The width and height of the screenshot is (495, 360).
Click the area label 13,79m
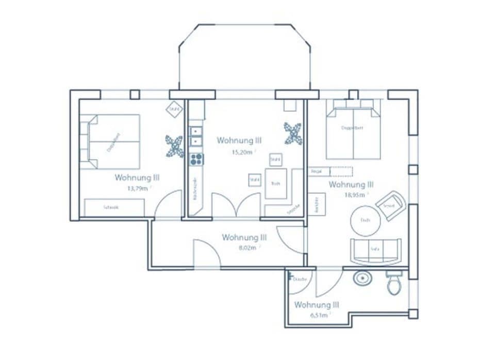click(x=138, y=188)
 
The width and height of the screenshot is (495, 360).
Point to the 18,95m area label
click(x=354, y=195)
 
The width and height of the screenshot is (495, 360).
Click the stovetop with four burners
click(x=196, y=159)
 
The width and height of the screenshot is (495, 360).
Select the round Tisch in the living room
click(x=365, y=221)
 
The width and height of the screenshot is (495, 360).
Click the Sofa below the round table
click(x=375, y=250)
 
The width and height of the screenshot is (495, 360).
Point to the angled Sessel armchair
click(x=390, y=205)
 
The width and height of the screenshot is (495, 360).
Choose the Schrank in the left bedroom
click(x=114, y=207)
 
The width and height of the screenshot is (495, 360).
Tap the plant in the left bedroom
click(x=174, y=145)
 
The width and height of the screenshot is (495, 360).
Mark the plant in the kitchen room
click(x=292, y=134)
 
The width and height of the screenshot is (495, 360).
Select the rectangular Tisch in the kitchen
click(x=276, y=184)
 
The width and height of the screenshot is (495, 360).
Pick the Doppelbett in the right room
click(x=353, y=132)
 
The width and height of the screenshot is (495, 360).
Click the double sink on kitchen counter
click(x=196, y=136)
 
